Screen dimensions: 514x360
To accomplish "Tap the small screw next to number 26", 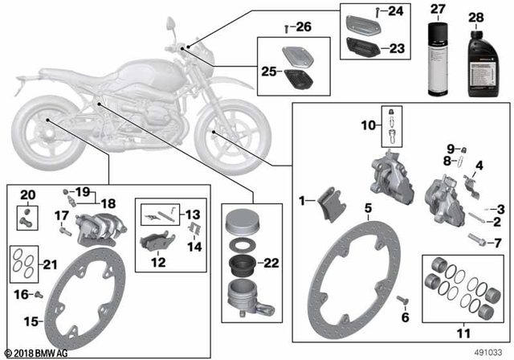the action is (288, 28).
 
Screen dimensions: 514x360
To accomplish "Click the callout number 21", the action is (51, 264).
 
